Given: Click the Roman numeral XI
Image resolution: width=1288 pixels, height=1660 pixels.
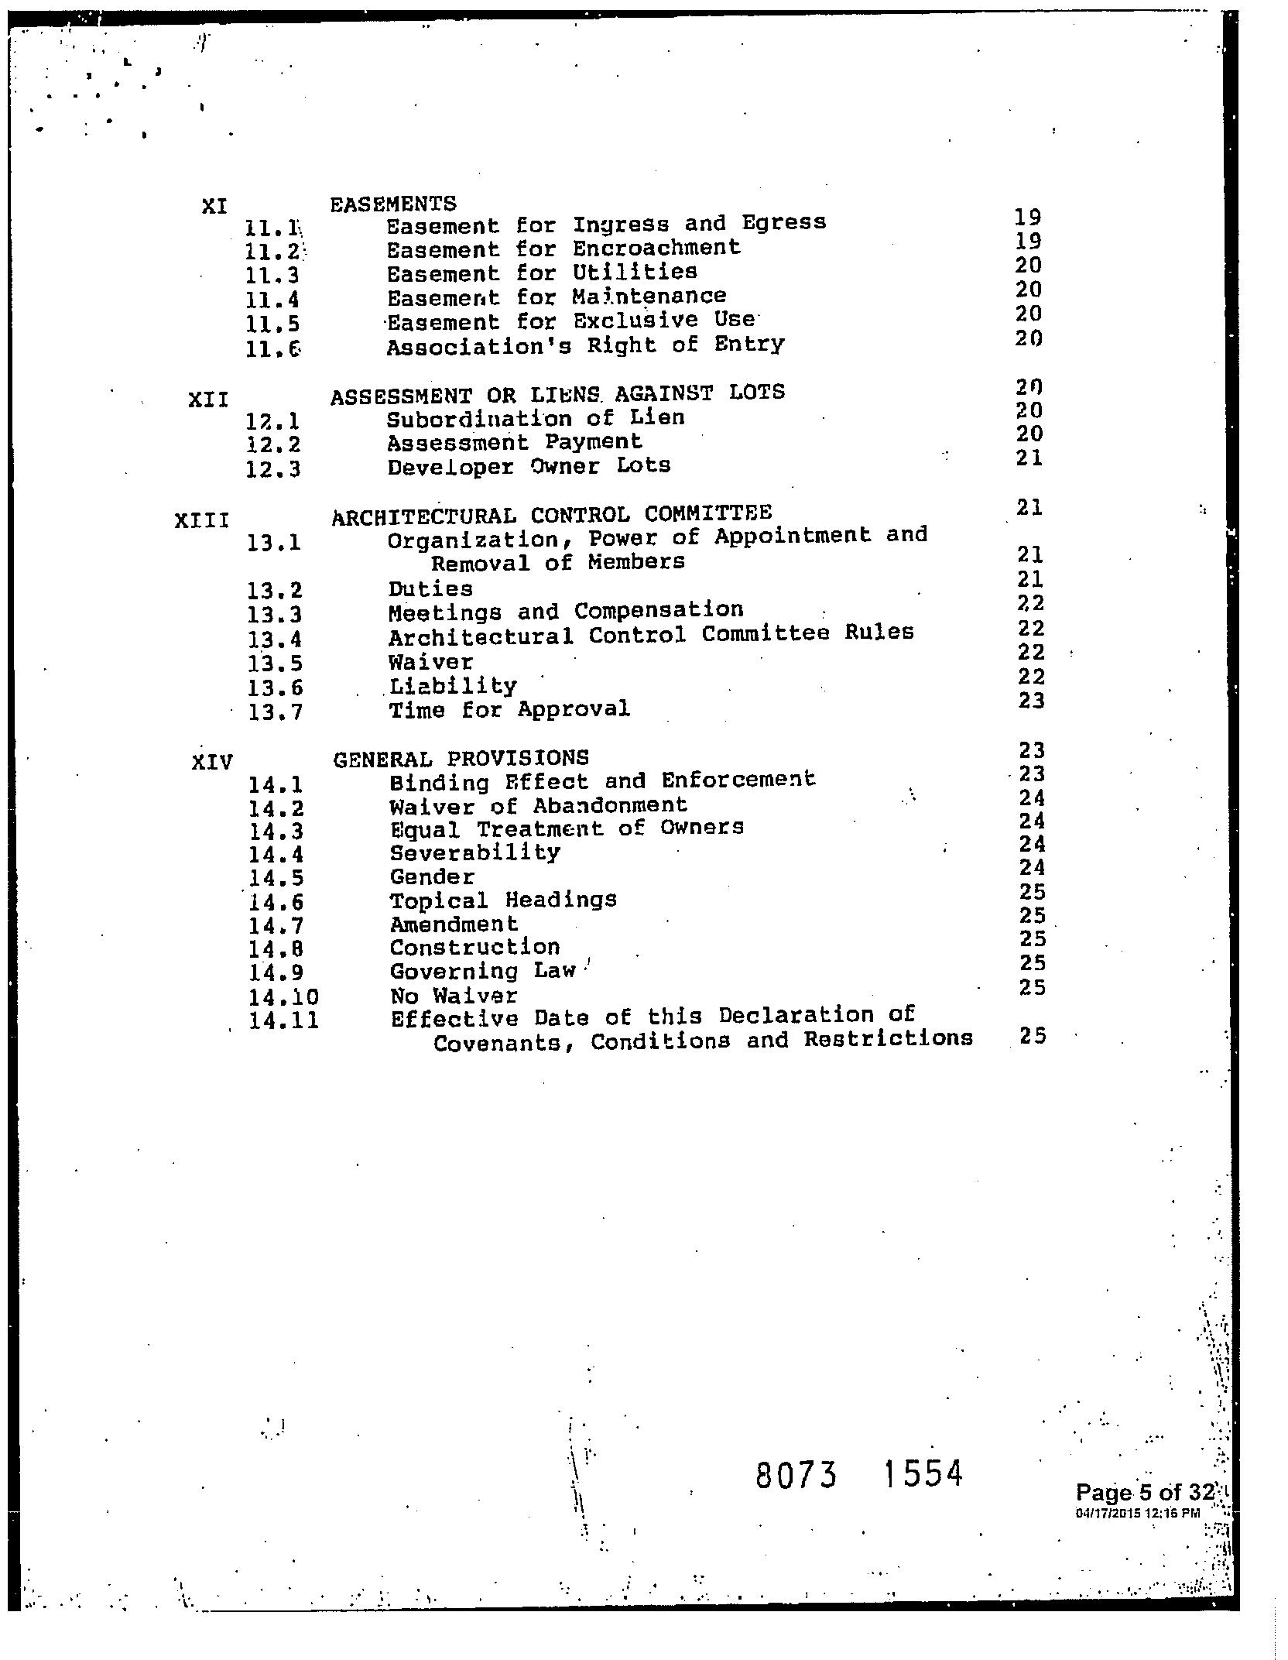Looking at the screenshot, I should coord(214,207).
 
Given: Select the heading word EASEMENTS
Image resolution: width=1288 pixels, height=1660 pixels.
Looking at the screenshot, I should coord(393,204).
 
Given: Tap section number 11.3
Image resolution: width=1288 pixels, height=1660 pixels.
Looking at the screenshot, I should coord(272,276).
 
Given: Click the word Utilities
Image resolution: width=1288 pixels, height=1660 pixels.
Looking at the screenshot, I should coord(635,272).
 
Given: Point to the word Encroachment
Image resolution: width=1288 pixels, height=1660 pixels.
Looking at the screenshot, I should coord(656,248).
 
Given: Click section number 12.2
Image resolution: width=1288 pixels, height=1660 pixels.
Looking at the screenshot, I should coord(273,445).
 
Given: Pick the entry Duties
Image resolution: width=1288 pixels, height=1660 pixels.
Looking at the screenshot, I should coord(430,589).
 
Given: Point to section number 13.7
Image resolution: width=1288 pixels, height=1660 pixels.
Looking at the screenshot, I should coord(276,712).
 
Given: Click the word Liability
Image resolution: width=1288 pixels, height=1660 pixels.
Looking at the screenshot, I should coord(453,686).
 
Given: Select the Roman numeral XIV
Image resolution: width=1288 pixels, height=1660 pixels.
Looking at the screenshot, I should coord(212,763).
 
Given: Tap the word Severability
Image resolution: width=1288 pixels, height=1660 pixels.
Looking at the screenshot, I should coord(475,852).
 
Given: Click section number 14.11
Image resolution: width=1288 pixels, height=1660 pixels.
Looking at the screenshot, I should coord(284,1021).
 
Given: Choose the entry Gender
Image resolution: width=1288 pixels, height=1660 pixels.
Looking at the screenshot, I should coord(432,877).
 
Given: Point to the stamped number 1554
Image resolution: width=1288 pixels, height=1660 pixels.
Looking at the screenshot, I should coord(923,1473).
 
